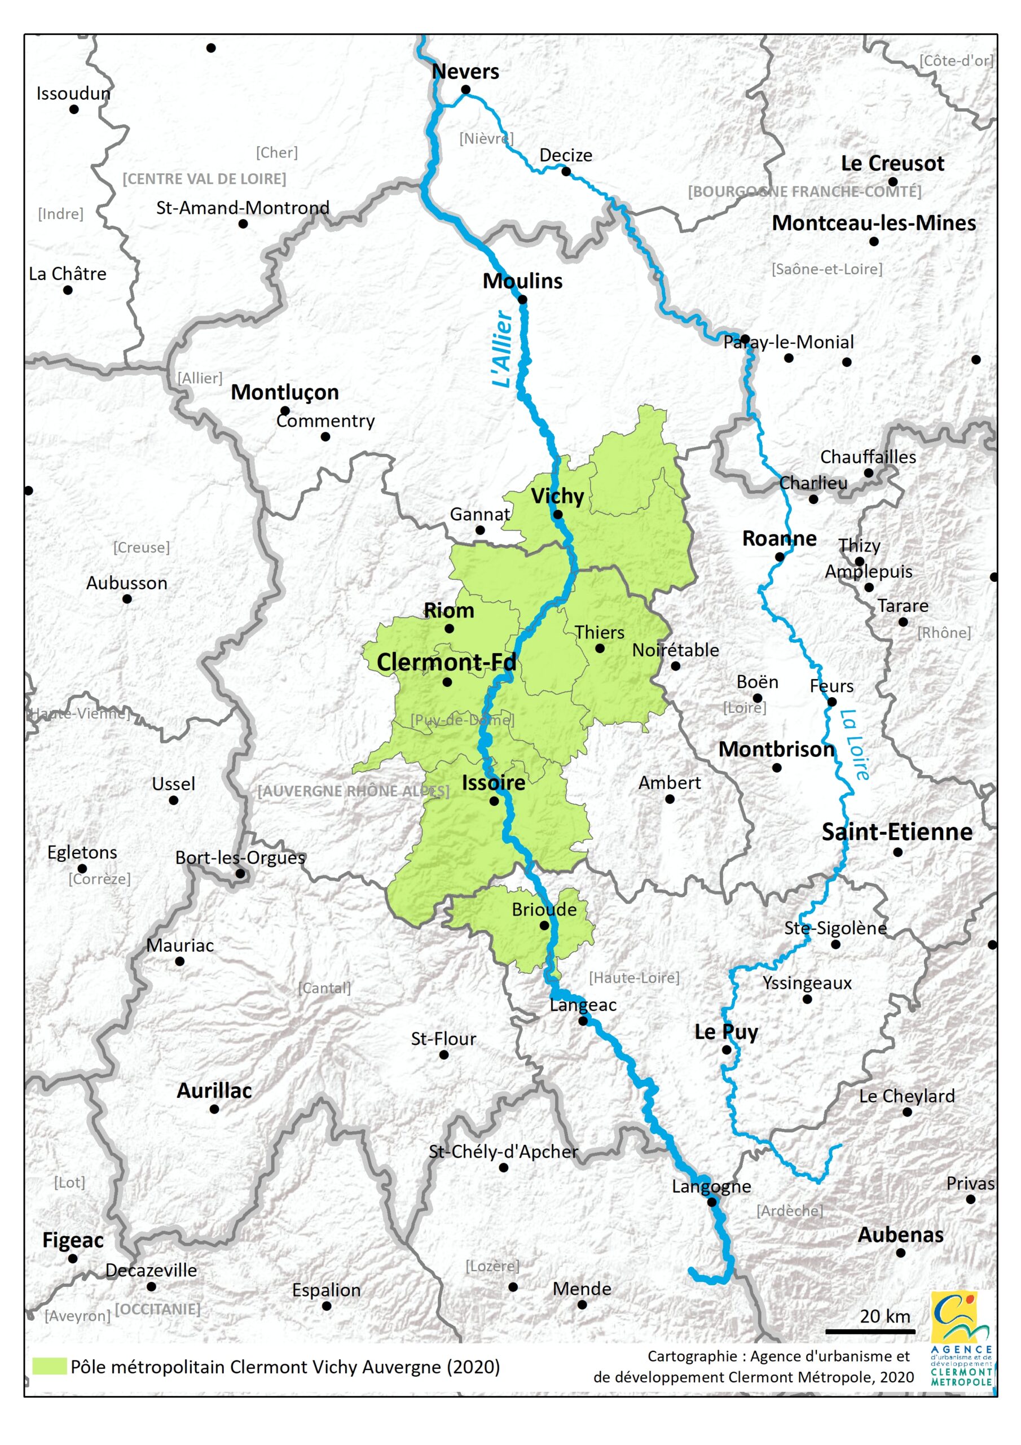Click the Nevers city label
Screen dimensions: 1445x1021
pos(465,72)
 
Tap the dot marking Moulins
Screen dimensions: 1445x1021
pos(522,300)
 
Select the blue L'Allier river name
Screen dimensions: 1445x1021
pos(503,349)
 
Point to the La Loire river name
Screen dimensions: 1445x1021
pos(855,745)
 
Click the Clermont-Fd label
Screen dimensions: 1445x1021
pos(446,662)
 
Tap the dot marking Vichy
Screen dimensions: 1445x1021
pos(557,514)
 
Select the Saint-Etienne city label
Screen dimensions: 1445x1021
pos(896,832)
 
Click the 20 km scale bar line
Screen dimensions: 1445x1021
pos(870,1331)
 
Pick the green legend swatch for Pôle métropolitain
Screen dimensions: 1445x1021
pos(49,1367)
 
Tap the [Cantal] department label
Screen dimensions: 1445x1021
pos(324,988)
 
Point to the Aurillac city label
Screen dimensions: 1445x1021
pos(214,1091)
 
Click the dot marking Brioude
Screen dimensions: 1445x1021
pos(544,926)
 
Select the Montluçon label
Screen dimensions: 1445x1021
pos(284,392)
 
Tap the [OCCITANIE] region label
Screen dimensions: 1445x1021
pos(157,1309)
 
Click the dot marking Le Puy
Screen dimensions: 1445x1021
pos(726,1050)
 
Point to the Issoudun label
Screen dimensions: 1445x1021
pos(73,94)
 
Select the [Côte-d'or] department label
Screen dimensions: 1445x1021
pos(956,60)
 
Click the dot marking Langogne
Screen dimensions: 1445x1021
pos(711,1202)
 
